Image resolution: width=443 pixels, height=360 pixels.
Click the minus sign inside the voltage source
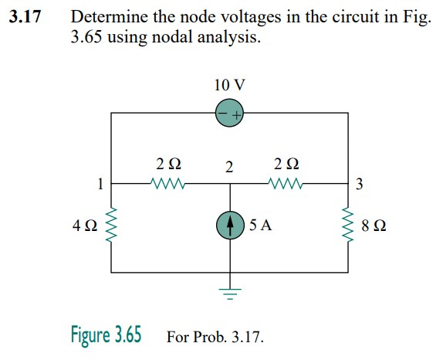point(222,114)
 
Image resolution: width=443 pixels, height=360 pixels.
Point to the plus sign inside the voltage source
point(236,114)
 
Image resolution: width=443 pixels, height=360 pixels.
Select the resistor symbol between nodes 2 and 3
point(286,184)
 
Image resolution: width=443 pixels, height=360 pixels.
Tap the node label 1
point(100,184)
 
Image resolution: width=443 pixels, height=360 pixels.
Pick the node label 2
point(228,167)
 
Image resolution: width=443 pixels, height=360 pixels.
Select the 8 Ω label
point(374,227)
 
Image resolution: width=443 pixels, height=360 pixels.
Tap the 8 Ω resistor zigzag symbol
point(347,226)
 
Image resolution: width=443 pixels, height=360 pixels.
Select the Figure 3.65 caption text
point(106,336)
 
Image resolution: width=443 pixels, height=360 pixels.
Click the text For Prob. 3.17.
point(215,338)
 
